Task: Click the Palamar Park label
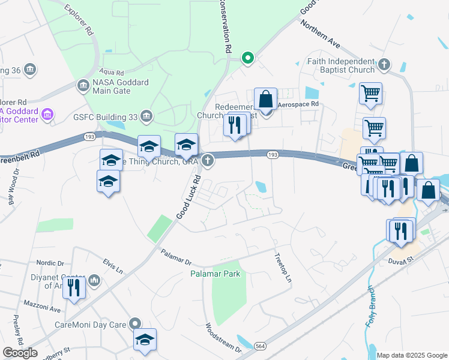click(x=215, y=274)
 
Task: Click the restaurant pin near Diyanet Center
click(x=74, y=287)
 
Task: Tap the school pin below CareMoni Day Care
click(x=144, y=340)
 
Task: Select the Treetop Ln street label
click(x=283, y=269)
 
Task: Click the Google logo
click(x=20, y=352)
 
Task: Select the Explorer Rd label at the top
click(x=77, y=19)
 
